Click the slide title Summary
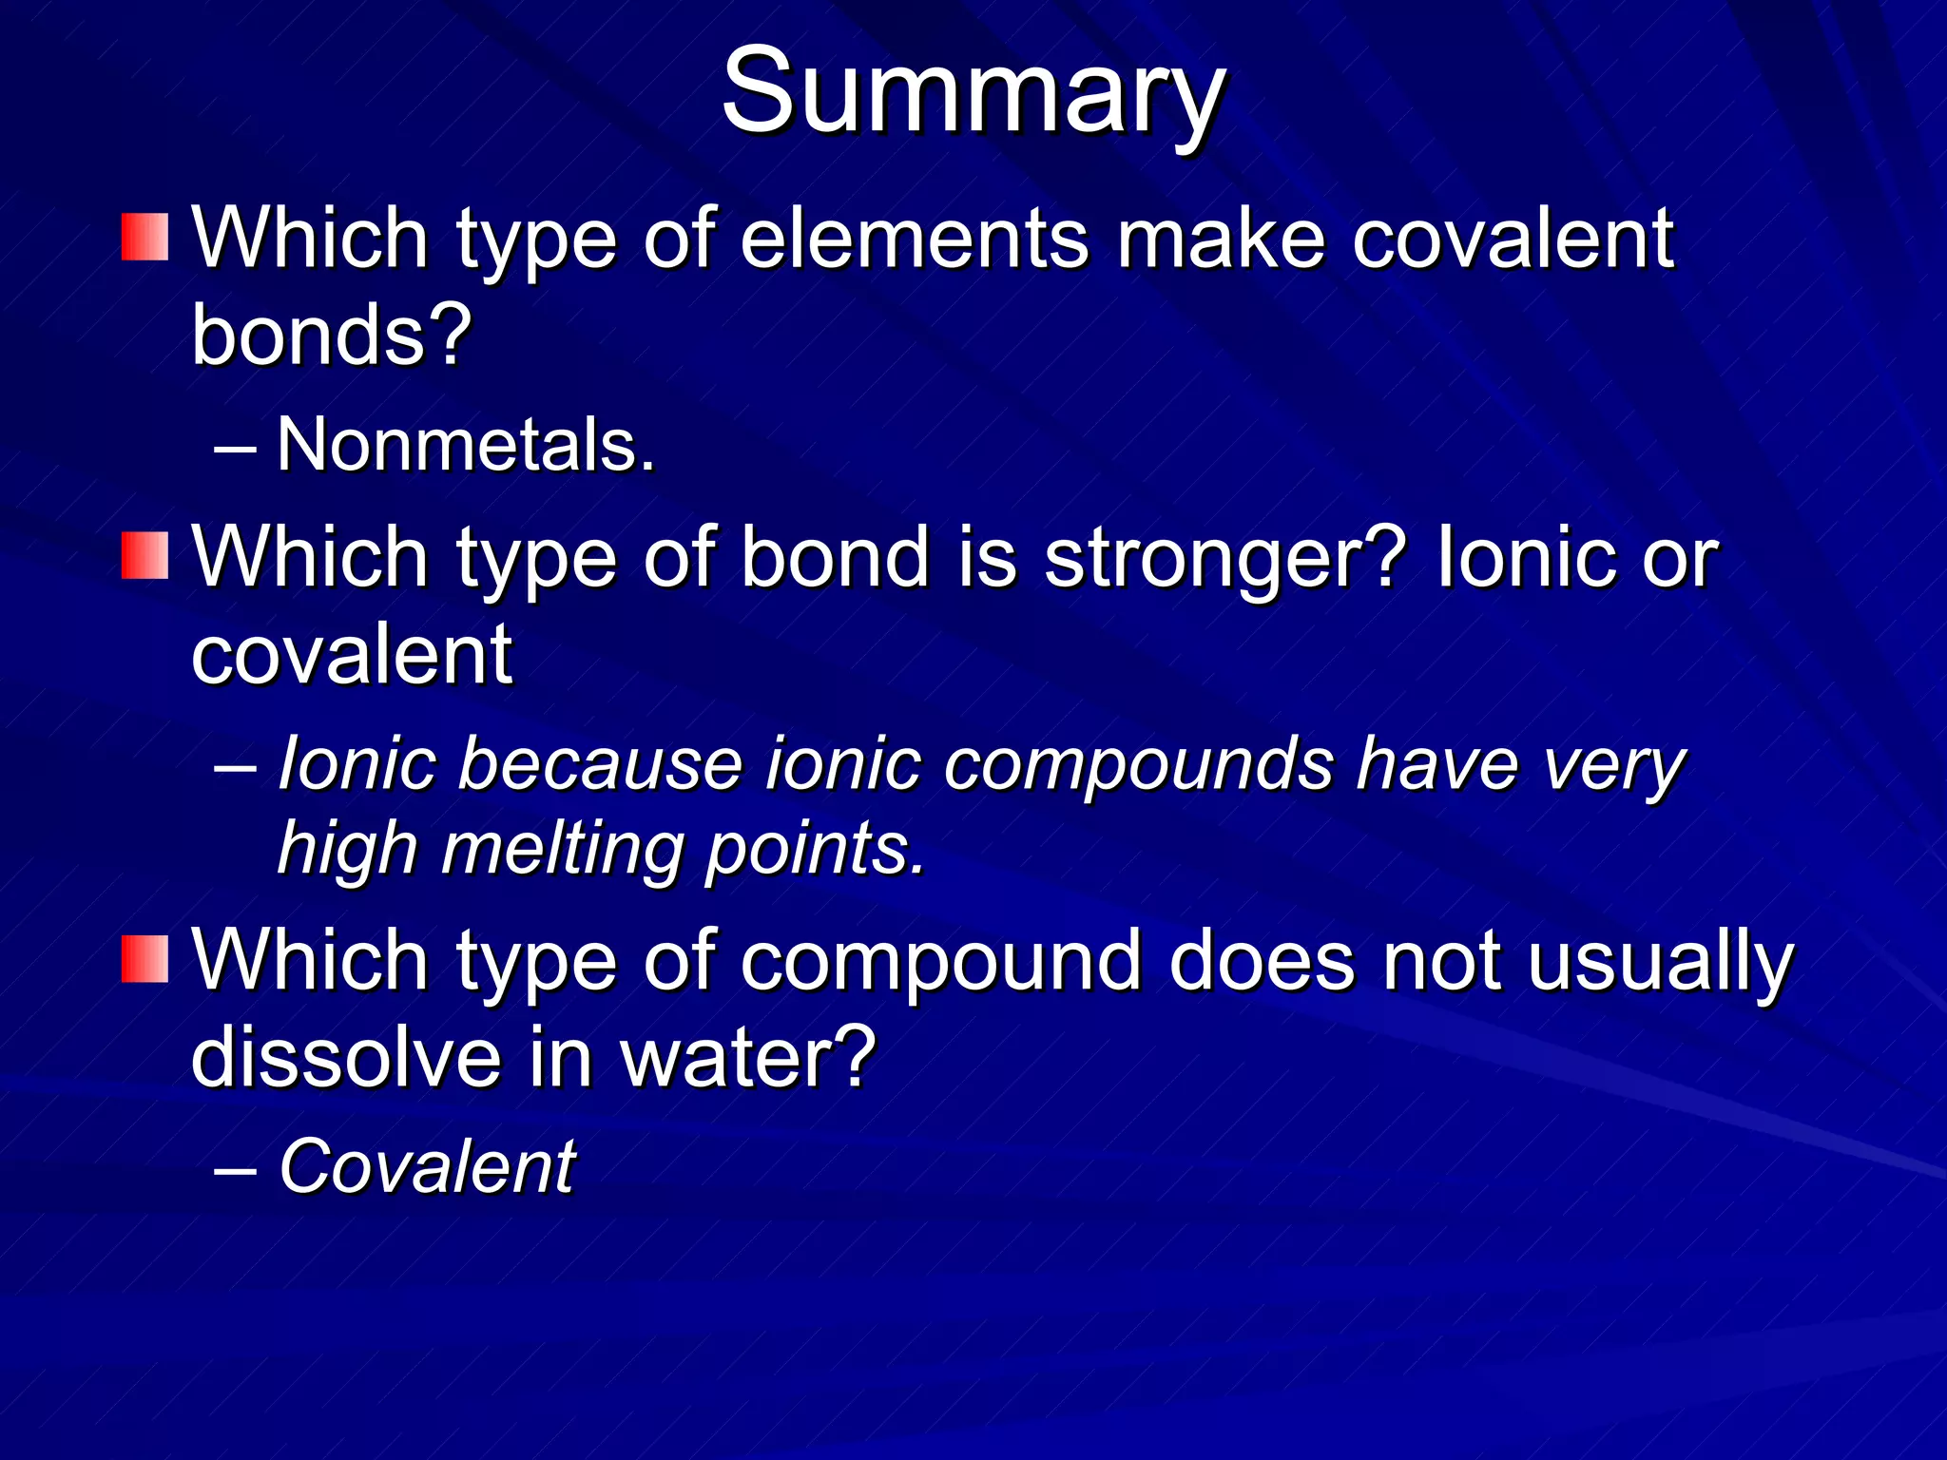pos(973,93)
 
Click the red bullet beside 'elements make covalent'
pos(145,238)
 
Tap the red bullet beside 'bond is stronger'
pos(145,556)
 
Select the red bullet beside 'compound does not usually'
pos(145,959)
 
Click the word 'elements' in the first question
pos(914,240)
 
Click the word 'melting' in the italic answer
pos(562,848)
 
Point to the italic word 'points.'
pos(816,850)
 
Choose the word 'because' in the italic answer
pos(600,764)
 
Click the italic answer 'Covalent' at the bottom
pos(427,1166)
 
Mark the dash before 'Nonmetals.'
pos(235,447)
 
